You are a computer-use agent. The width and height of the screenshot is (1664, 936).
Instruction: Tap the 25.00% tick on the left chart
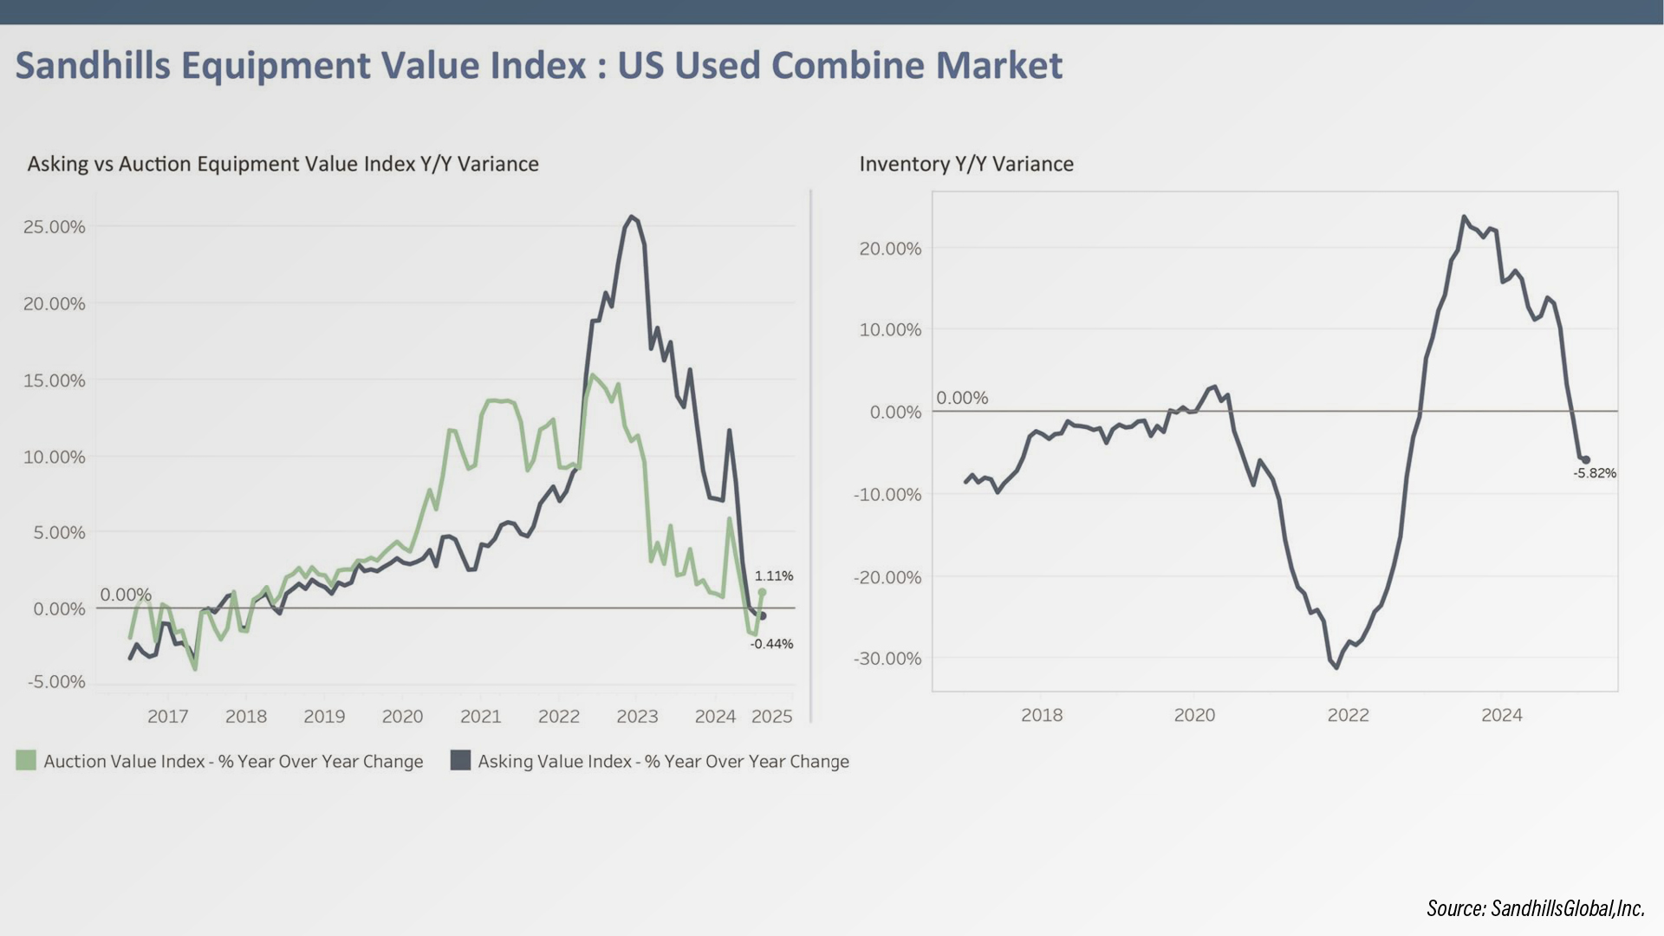point(55,227)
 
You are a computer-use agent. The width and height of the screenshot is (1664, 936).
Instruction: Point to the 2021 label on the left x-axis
point(480,717)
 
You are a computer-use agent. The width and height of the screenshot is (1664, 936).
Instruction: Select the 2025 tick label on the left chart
point(771,717)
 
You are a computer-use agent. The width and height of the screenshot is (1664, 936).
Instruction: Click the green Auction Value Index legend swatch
point(26,761)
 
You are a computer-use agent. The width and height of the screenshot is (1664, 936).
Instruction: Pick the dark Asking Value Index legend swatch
point(461,761)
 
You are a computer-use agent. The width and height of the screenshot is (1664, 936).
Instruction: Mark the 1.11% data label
point(773,576)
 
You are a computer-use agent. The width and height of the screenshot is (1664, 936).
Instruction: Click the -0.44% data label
point(771,644)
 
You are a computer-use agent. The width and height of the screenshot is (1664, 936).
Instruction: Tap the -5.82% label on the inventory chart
point(1595,473)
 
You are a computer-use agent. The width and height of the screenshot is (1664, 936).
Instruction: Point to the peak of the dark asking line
point(632,217)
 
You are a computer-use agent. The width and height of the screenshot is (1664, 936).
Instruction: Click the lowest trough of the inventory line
point(1336,667)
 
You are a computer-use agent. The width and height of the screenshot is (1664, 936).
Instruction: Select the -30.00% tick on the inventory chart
point(887,659)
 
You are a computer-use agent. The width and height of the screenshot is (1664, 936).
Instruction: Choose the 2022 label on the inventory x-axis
point(1348,716)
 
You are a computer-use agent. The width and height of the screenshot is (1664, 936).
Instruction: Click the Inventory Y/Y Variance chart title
point(966,164)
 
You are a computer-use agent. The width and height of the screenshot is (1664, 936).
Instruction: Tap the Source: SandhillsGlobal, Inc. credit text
point(1535,908)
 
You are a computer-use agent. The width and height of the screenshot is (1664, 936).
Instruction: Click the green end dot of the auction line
point(762,593)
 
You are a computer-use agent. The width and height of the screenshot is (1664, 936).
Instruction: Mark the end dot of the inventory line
point(1586,460)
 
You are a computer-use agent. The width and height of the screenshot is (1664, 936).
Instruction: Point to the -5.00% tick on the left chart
point(56,682)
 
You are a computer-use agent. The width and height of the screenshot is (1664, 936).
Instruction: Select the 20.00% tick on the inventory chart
point(890,250)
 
